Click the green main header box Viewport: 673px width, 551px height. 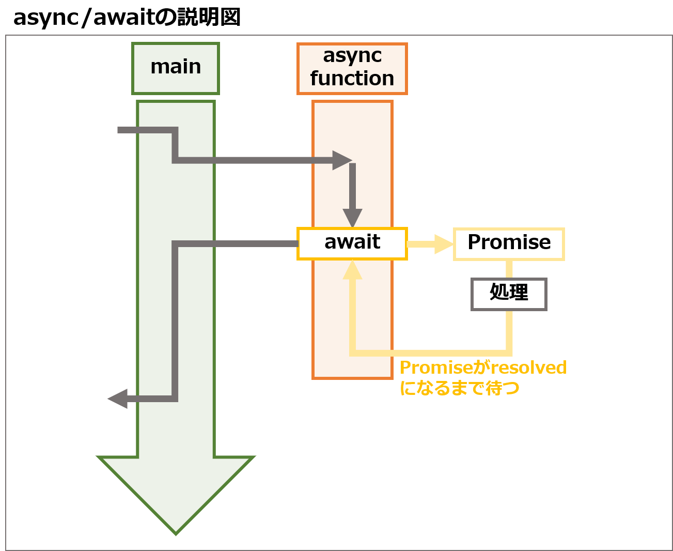point(175,68)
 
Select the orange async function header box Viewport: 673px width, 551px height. point(352,68)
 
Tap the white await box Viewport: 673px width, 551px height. point(352,243)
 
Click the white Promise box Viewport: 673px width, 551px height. point(509,243)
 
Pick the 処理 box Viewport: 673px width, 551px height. point(509,294)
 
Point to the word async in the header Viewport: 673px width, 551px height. point(352,56)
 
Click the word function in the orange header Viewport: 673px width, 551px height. point(352,79)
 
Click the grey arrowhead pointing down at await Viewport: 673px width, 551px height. point(352,218)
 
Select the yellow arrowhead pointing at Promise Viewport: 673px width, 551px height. point(444,244)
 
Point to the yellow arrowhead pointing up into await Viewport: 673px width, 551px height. point(352,270)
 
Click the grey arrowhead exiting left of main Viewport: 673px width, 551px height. point(117,399)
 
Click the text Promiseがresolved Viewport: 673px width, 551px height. point(483,368)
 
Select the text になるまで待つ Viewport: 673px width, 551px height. point(460,388)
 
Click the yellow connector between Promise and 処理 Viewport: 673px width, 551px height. point(509,269)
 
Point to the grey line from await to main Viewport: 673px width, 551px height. point(238,243)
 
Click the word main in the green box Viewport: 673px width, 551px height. point(176,67)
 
